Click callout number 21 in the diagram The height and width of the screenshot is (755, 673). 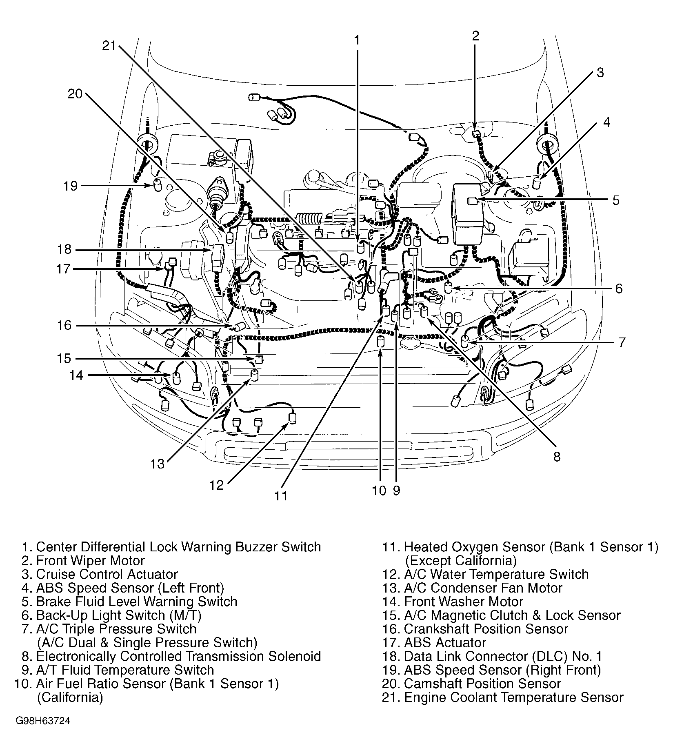tap(109, 46)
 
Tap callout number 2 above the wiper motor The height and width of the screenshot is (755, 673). tap(475, 36)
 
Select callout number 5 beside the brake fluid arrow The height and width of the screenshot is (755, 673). tap(615, 200)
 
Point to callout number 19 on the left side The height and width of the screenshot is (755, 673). tap(70, 186)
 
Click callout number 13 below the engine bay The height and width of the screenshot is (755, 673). tap(157, 464)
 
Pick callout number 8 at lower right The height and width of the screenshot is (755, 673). tap(557, 456)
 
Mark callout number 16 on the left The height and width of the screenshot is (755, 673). tap(64, 325)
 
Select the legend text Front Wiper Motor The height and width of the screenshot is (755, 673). tap(90, 560)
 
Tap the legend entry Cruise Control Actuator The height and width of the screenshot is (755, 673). tap(107, 574)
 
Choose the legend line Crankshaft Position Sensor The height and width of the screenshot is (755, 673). tap(486, 629)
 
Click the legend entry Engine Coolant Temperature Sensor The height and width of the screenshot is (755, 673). tap(513, 697)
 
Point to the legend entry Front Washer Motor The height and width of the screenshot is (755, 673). tap(463, 602)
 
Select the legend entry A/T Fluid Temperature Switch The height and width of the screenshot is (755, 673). tap(125, 670)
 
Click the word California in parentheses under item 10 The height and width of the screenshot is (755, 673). tap(70, 697)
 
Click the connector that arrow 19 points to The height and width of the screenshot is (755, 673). tap(157, 187)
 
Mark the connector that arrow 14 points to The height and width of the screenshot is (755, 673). tap(176, 377)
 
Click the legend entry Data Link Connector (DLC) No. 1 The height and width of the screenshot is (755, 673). tap(503, 656)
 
